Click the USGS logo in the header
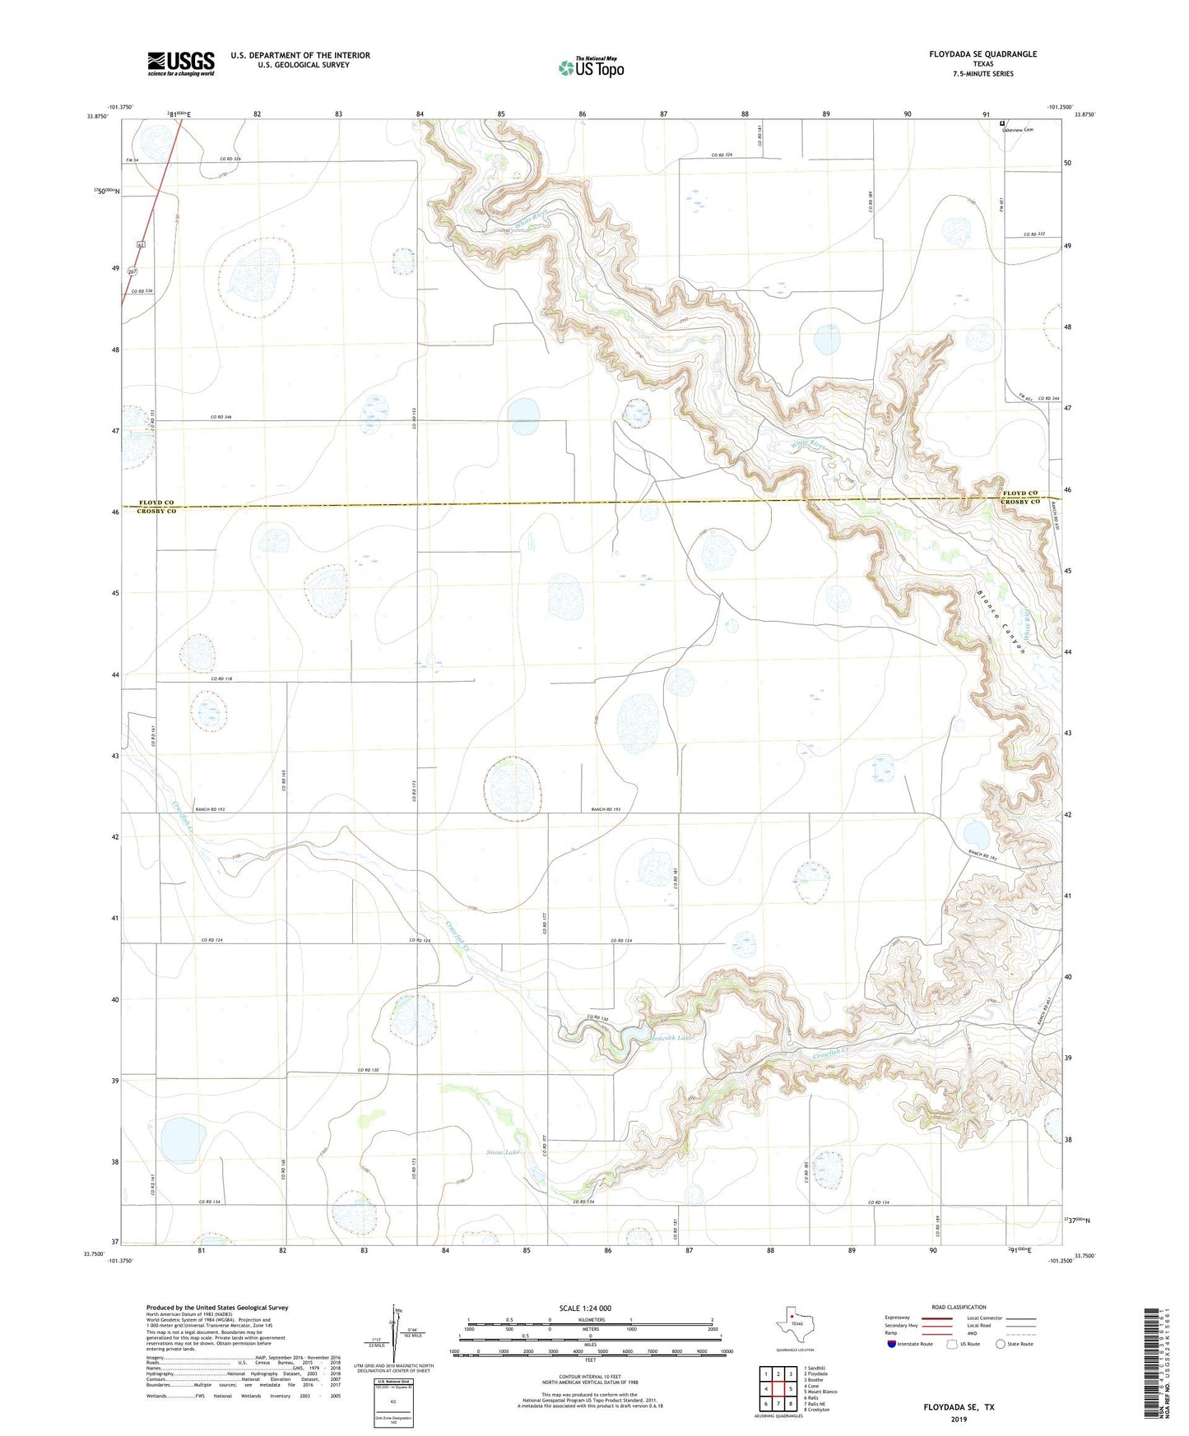[x=181, y=63]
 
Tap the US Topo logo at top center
[x=591, y=67]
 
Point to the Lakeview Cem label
[x=1017, y=130]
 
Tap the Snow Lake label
[x=503, y=1152]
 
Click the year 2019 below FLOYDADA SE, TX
[x=959, y=1419]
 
